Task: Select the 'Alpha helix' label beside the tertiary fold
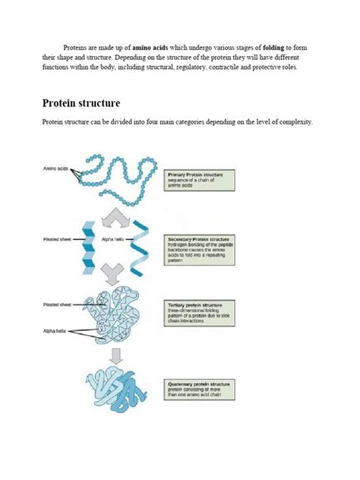pyautogui.click(x=55, y=330)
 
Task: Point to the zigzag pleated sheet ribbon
pyautogui.click(x=88, y=249)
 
